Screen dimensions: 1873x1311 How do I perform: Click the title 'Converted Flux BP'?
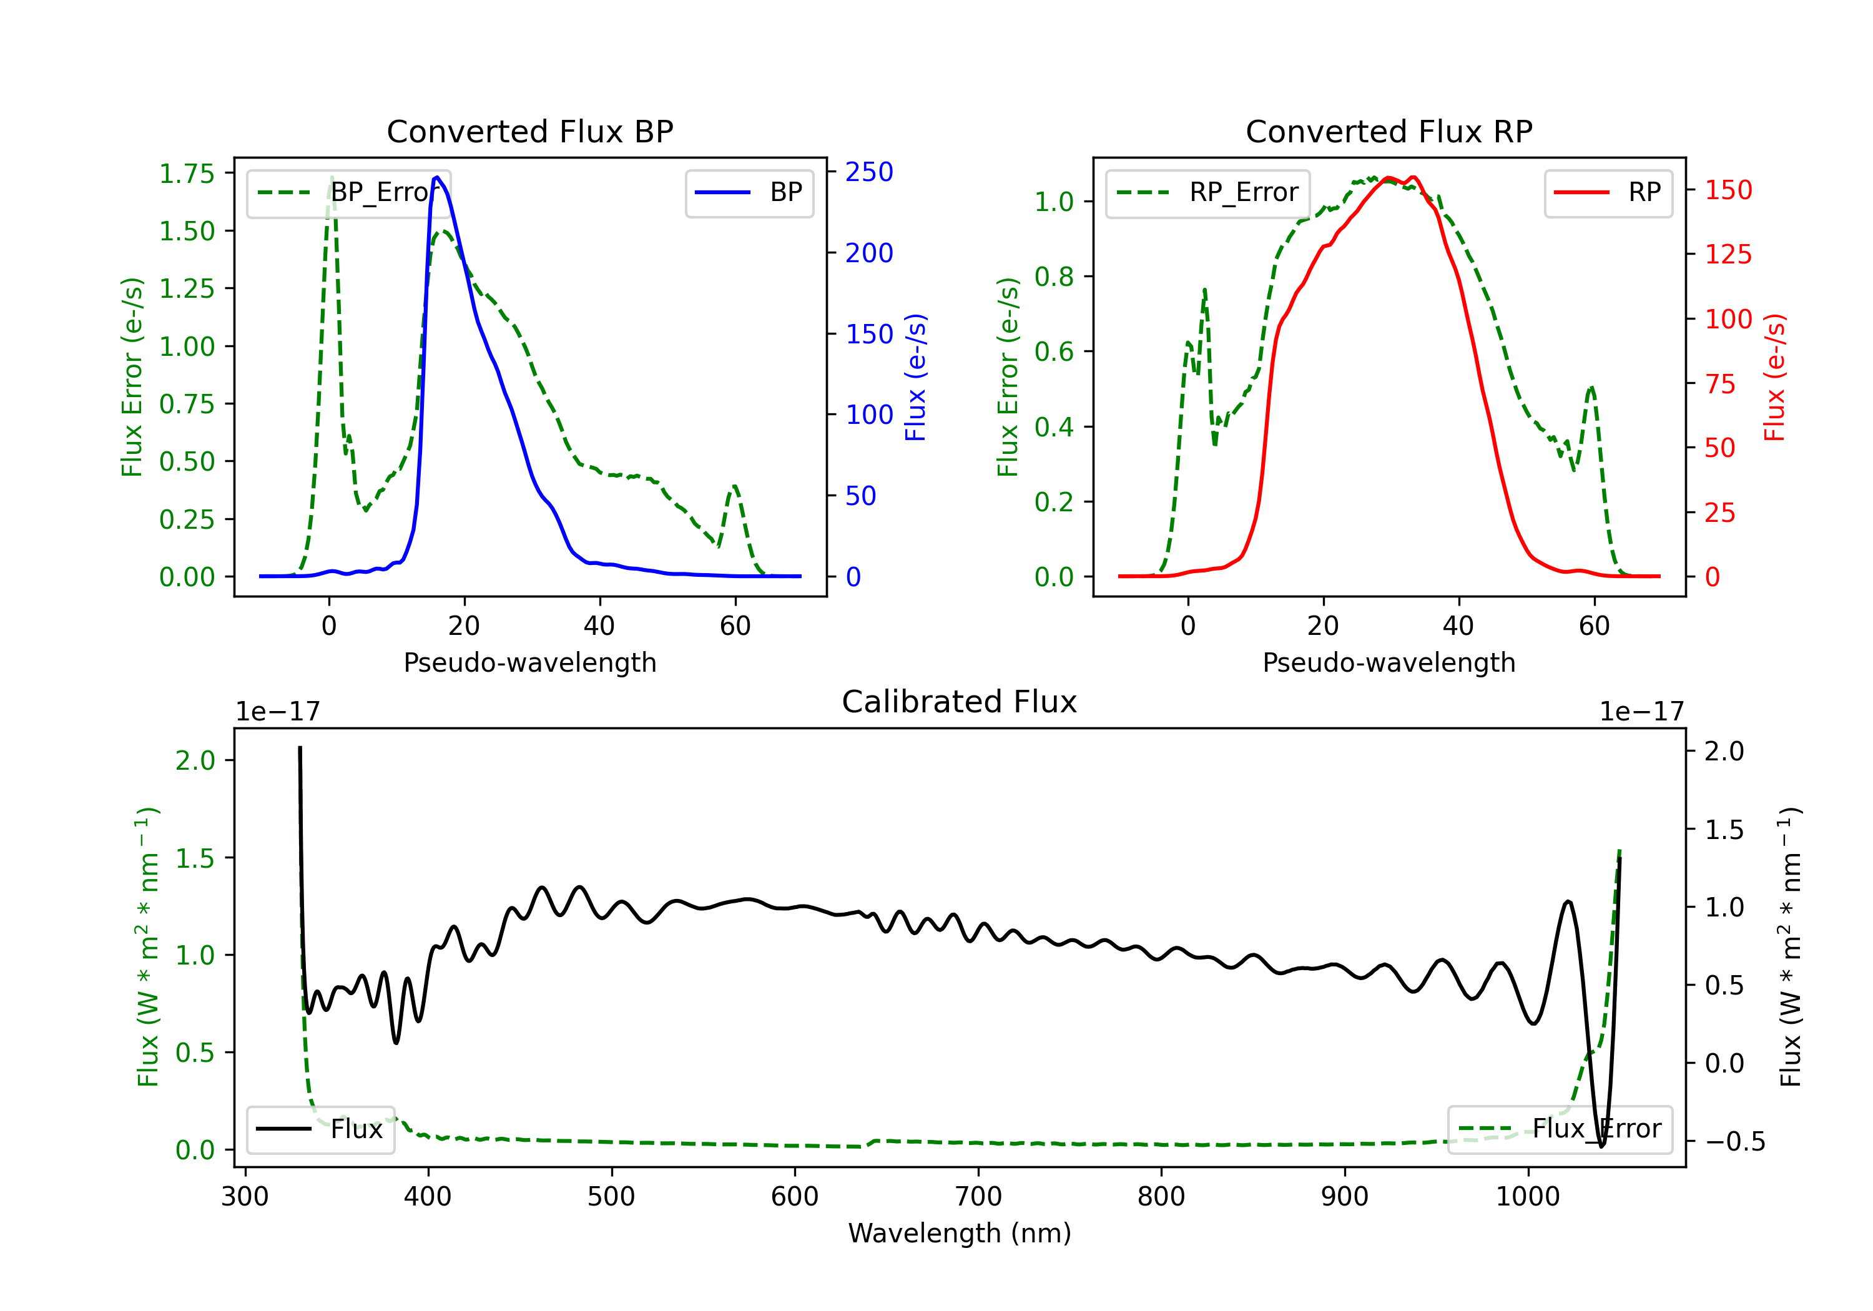point(529,131)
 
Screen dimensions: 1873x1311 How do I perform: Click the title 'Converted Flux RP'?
point(1389,131)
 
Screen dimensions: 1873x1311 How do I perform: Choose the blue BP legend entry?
point(749,192)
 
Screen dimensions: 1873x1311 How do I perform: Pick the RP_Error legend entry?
point(1207,192)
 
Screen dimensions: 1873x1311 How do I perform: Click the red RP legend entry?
point(1608,192)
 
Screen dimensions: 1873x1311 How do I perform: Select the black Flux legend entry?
point(320,1129)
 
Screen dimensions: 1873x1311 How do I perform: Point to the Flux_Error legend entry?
point(1560,1129)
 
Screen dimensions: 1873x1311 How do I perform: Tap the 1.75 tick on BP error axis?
point(187,174)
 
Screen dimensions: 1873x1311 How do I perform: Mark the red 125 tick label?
point(1728,255)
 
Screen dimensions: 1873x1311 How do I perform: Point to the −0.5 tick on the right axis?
point(1734,1141)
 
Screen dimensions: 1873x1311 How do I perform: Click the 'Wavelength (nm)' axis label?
point(960,1233)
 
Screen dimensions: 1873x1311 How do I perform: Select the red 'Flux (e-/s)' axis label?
point(1775,378)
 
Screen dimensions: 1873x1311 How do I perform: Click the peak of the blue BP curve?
point(437,177)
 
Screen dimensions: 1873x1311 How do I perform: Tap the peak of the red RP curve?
point(1389,178)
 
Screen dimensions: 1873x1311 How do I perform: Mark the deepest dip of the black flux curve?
point(1601,1146)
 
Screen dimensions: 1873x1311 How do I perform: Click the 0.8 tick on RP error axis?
point(1054,277)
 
